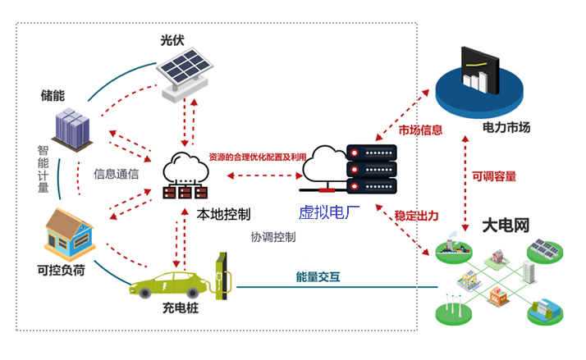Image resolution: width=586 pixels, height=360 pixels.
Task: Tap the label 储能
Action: [53, 95]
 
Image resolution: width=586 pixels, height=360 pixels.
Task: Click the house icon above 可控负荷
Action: [69, 232]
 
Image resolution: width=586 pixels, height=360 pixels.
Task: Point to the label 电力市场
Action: [506, 128]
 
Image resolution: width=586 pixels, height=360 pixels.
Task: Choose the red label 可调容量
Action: [495, 175]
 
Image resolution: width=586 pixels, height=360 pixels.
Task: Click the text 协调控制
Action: [273, 236]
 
